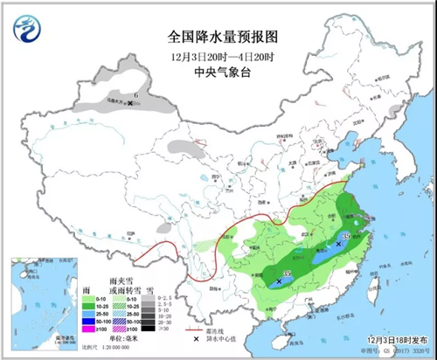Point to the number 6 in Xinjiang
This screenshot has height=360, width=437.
pyautogui.click(x=136, y=93)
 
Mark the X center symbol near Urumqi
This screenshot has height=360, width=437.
pyautogui.click(x=130, y=103)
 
